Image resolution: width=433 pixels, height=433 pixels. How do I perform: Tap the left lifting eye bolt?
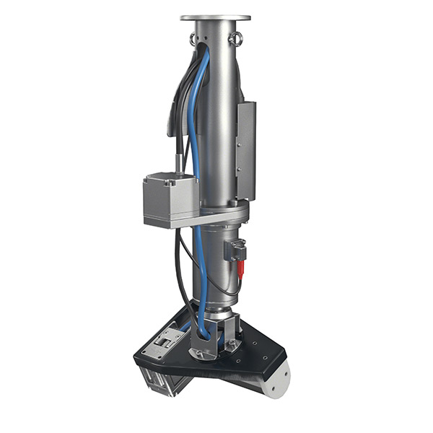click(193, 38)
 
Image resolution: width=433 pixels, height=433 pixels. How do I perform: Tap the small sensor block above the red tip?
click(235, 250)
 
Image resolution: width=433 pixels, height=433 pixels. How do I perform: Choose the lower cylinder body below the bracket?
click(216, 267)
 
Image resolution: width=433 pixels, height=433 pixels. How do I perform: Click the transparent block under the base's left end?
click(162, 380)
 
